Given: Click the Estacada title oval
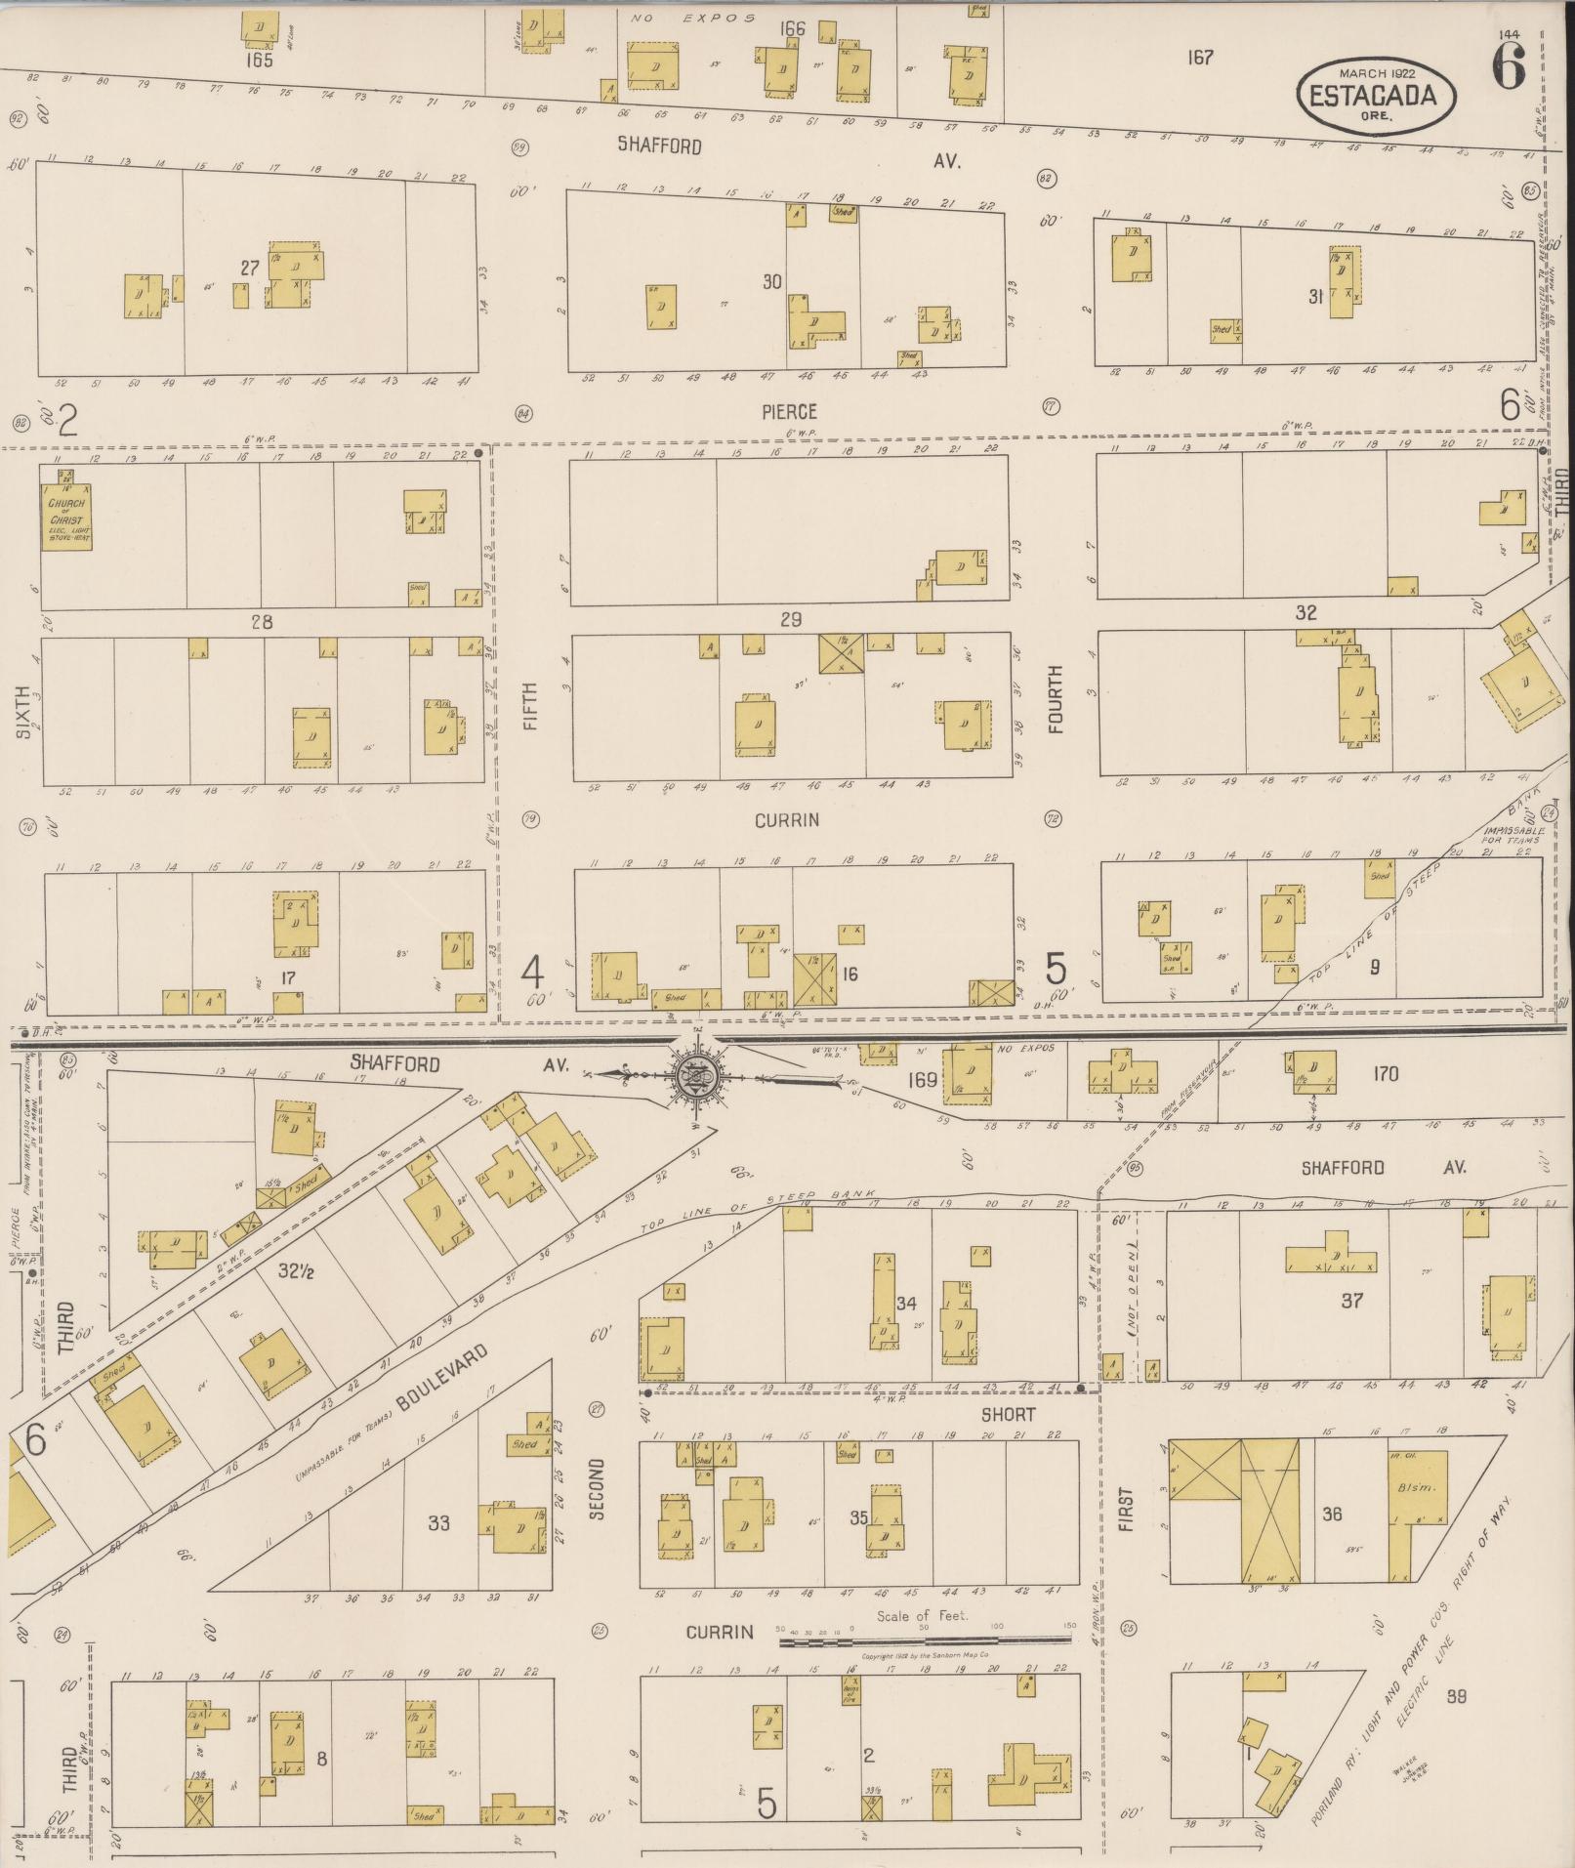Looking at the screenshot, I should pos(1376,94).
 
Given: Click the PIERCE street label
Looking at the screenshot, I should pos(789,412).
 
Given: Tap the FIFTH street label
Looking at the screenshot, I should pos(530,707).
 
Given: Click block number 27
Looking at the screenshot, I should pos(250,268).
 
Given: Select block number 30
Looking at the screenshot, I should pos(772,281).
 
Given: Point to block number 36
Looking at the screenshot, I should pos(1332,1514).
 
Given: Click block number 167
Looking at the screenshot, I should pos(1200,58).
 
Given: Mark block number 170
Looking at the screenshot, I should pos(1385,1074).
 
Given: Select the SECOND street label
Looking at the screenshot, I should pos(597,1515).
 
